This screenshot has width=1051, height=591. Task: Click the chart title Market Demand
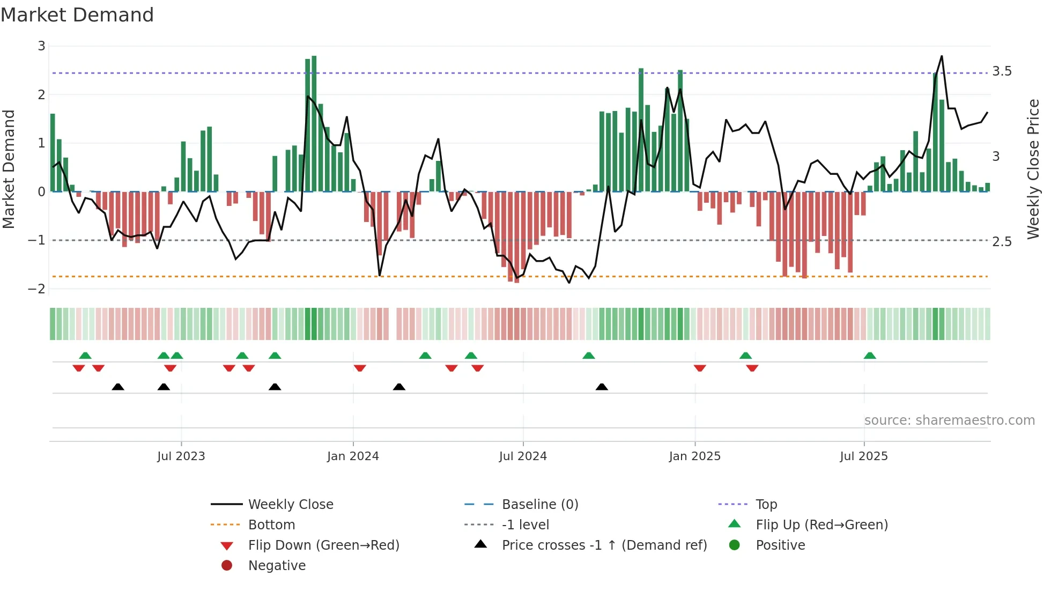tap(77, 15)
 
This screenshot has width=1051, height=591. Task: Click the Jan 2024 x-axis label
tap(353, 456)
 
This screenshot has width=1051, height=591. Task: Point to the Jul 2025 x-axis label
tap(863, 456)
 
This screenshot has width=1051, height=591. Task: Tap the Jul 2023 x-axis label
tap(181, 456)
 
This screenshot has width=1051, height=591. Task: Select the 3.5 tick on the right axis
tap(1002, 71)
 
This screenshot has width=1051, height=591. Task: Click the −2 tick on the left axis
tap(36, 289)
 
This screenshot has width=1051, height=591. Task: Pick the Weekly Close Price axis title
tap(1033, 169)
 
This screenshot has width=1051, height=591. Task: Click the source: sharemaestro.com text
tap(949, 420)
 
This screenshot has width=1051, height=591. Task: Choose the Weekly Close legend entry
tap(290, 505)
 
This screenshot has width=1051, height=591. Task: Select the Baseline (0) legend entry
tap(539, 505)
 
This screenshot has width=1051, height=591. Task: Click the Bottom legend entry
tap(271, 525)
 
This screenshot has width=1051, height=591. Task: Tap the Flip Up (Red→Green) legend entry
tap(821, 525)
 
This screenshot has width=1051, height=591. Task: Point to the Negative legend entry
tap(277, 566)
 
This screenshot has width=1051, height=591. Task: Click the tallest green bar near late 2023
tap(314, 123)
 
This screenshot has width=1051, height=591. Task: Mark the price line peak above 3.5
tap(942, 56)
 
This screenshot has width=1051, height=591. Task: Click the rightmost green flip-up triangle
tap(870, 356)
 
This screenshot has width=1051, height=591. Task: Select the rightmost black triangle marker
tap(602, 387)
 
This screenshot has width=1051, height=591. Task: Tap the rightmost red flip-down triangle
tap(752, 368)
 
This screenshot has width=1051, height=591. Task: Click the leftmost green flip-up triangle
tap(85, 356)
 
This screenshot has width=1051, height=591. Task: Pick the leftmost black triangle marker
tap(118, 387)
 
